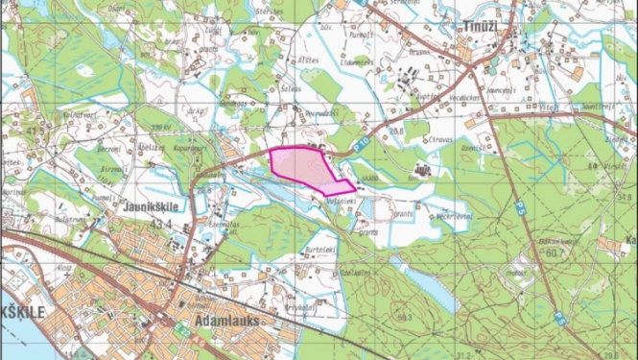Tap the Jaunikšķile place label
152,206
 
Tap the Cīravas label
414,141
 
